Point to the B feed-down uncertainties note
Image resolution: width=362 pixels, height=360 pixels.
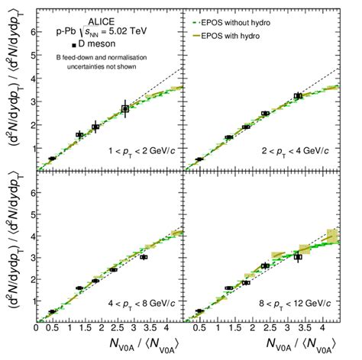click(102, 62)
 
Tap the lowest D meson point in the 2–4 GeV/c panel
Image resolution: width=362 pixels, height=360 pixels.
click(199, 159)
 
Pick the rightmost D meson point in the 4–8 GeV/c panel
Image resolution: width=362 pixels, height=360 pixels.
click(144, 257)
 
